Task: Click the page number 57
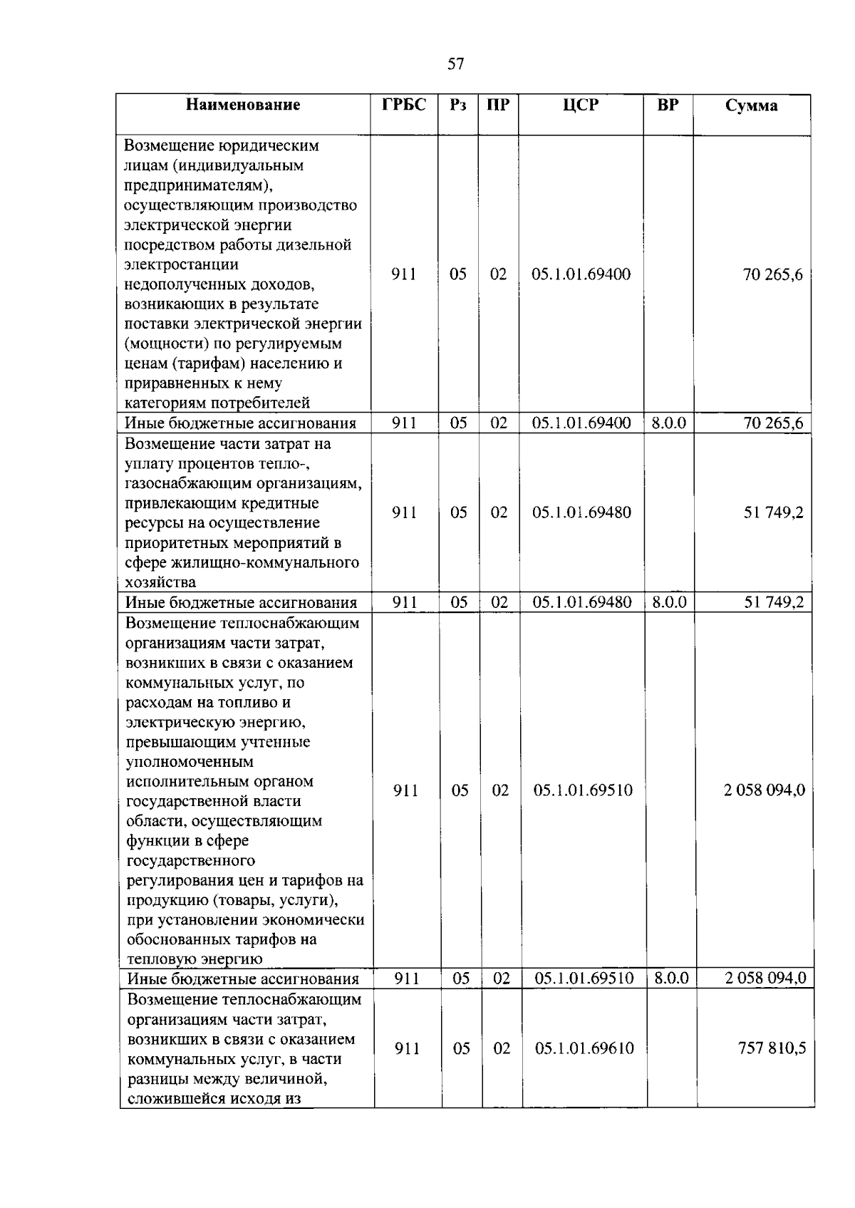456,64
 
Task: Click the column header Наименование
243,105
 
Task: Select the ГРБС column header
404,105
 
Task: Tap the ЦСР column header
581,105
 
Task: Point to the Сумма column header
752,105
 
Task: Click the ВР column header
668,105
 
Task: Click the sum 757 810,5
772,1048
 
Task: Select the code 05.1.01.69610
584,1048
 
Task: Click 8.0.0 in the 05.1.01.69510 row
671,978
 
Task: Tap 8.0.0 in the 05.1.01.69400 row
668,423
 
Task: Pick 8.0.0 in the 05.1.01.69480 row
669,602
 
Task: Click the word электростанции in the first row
181,264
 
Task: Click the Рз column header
458,105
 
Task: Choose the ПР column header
498,105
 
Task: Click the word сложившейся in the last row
174,1098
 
